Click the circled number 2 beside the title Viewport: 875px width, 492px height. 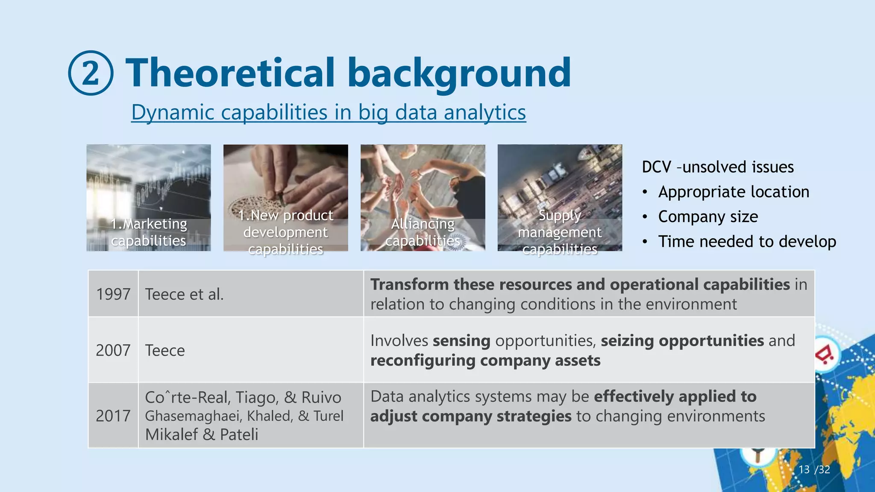coord(91,73)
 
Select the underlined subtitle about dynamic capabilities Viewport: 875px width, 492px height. coord(328,112)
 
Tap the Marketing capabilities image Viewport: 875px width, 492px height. coord(148,197)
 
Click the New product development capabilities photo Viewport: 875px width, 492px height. coord(285,197)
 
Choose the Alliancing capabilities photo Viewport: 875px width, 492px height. coord(423,197)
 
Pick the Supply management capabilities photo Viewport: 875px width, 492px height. coord(560,197)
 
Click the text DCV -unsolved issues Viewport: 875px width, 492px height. coord(717,167)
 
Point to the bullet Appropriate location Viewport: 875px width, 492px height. coord(733,192)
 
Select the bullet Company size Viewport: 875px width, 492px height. coord(708,217)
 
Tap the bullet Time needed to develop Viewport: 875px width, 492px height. coord(746,241)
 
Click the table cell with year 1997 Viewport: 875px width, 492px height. coord(113,294)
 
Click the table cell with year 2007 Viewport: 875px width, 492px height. coord(113,350)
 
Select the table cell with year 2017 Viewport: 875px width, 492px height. coord(113,416)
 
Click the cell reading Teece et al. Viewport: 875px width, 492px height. coord(184,294)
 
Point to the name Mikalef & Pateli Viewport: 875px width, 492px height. coord(201,434)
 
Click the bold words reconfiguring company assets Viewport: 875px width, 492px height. coord(485,360)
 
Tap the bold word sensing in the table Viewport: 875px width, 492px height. coord(461,340)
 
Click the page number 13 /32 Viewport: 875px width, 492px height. coord(814,470)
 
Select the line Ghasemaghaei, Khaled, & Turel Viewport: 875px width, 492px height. coord(244,416)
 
